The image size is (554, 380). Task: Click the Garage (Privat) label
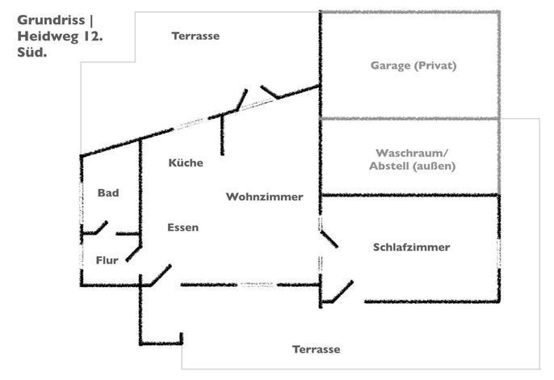coord(413,66)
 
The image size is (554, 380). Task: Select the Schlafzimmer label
coord(411,247)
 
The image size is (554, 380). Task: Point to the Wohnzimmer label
coord(264,197)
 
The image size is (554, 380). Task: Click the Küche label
coord(186,163)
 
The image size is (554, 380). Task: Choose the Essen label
coord(183,227)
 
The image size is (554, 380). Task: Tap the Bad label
coord(108,193)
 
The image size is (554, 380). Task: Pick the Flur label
coord(107,260)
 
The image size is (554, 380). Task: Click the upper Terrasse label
coord(195,36)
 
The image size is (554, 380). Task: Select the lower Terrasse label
coord(316,349)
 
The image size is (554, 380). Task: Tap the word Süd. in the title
coord(31,53)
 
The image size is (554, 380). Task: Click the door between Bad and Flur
coord(100,229)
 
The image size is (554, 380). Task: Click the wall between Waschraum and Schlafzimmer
coord(409,195)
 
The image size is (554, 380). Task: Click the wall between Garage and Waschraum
coord(409,119)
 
